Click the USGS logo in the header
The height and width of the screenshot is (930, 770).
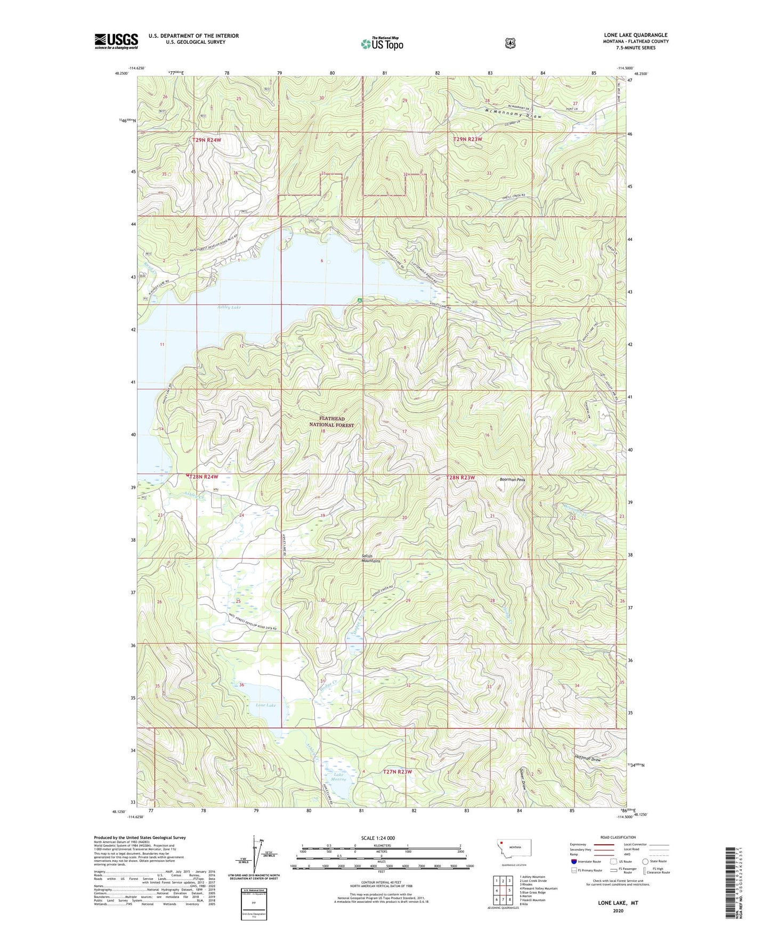pos(116,41)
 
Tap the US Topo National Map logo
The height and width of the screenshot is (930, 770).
pos(382,43)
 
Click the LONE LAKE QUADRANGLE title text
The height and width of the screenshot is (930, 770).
pos(636,35)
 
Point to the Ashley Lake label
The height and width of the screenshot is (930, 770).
pos(229,307)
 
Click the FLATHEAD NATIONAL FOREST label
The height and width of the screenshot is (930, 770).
pos(332,422)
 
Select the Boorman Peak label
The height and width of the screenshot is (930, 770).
pos(512,480)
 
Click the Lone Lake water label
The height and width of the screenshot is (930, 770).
pos(266,705)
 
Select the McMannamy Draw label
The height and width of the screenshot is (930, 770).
pos(513,113)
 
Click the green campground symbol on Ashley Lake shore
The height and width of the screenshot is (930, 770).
pos(360,300)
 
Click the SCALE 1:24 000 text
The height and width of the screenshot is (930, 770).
pos(378,838)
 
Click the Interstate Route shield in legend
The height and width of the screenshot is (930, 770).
pos(573,861)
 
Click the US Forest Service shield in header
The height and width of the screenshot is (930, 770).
pos(510,43)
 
